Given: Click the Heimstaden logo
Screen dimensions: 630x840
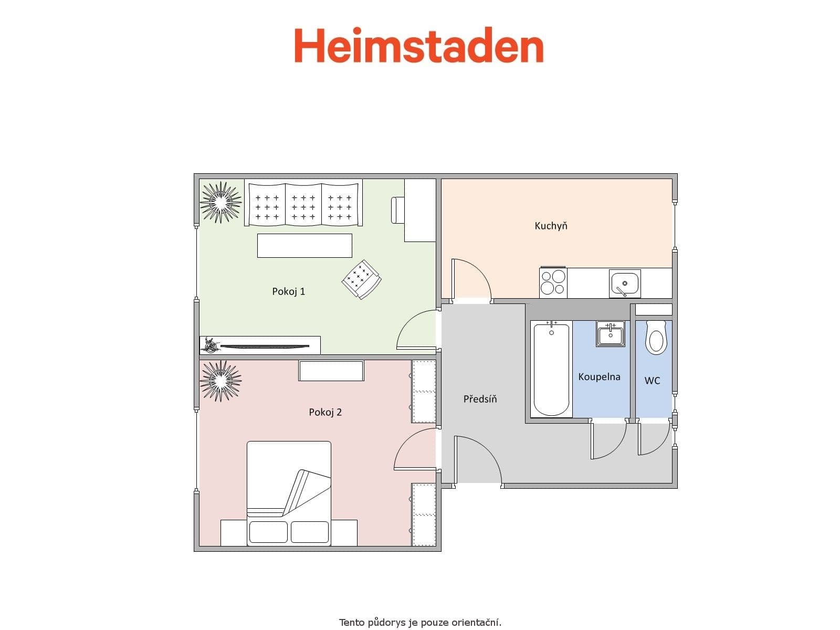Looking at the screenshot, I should click(x=418, y=46).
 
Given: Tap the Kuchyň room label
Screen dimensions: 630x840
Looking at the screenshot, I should click(x=551, y=226).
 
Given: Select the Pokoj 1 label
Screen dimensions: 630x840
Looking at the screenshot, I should click(x=288, y=291).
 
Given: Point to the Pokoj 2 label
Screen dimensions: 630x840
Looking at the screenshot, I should click(x=325, y=412).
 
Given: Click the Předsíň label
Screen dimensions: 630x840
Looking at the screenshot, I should click(x=480, y=399).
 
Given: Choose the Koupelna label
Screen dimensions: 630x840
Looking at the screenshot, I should click(x=599, y=377).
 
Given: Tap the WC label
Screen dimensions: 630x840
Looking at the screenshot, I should click(x=652, y=381).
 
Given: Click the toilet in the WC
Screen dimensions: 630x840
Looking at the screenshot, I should click(x=656, y=338).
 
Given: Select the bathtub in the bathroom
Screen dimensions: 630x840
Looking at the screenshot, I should click(x=551, y=370).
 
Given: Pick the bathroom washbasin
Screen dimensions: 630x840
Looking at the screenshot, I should click(x=610, y=334).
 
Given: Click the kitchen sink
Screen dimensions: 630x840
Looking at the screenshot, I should click(x=624, y=283).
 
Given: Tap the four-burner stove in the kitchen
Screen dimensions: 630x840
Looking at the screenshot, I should click(x=553, y=282).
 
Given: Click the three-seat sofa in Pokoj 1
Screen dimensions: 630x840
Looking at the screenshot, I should click(x=304, y=204).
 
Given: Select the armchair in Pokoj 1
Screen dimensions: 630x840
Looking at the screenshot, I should click(x=361, y=279).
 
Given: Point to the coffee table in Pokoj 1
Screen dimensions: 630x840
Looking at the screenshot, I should click(x=304, y=246).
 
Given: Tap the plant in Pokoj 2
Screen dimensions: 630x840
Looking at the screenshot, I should click(x=220, y=380).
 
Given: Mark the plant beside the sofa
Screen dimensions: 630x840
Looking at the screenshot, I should click(x=220, y=202).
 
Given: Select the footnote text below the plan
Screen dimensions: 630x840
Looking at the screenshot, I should click(x=420, y=623).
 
